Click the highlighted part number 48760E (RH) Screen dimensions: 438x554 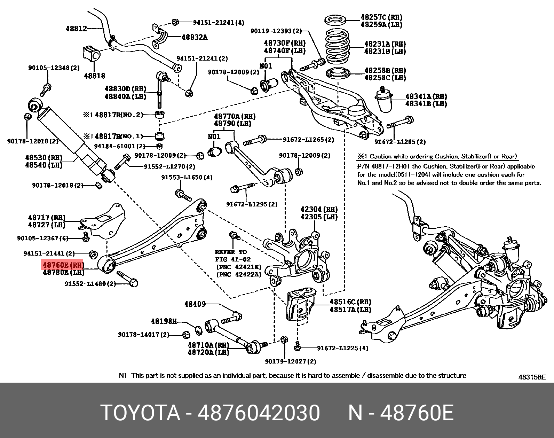(63, 265)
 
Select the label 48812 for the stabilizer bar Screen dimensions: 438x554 (76, 29)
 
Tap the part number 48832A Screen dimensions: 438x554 (194, 37)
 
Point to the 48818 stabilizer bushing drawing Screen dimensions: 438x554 (92, 53)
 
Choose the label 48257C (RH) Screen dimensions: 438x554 (381, 17)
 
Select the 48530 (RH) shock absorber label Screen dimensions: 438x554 (43, 157)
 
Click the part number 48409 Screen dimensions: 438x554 (195, 304)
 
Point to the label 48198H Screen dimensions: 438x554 (164, 321)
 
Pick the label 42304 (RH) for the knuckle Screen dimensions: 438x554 (319, 209)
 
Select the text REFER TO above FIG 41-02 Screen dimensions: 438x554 (231, 252)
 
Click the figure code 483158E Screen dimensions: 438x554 (532, 377)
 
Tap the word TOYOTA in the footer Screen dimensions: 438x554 (140, 413)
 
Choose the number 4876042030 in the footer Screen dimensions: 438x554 (259, 413)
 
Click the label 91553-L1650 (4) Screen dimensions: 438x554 (187, 177)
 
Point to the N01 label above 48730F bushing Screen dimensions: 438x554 (266, 66)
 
